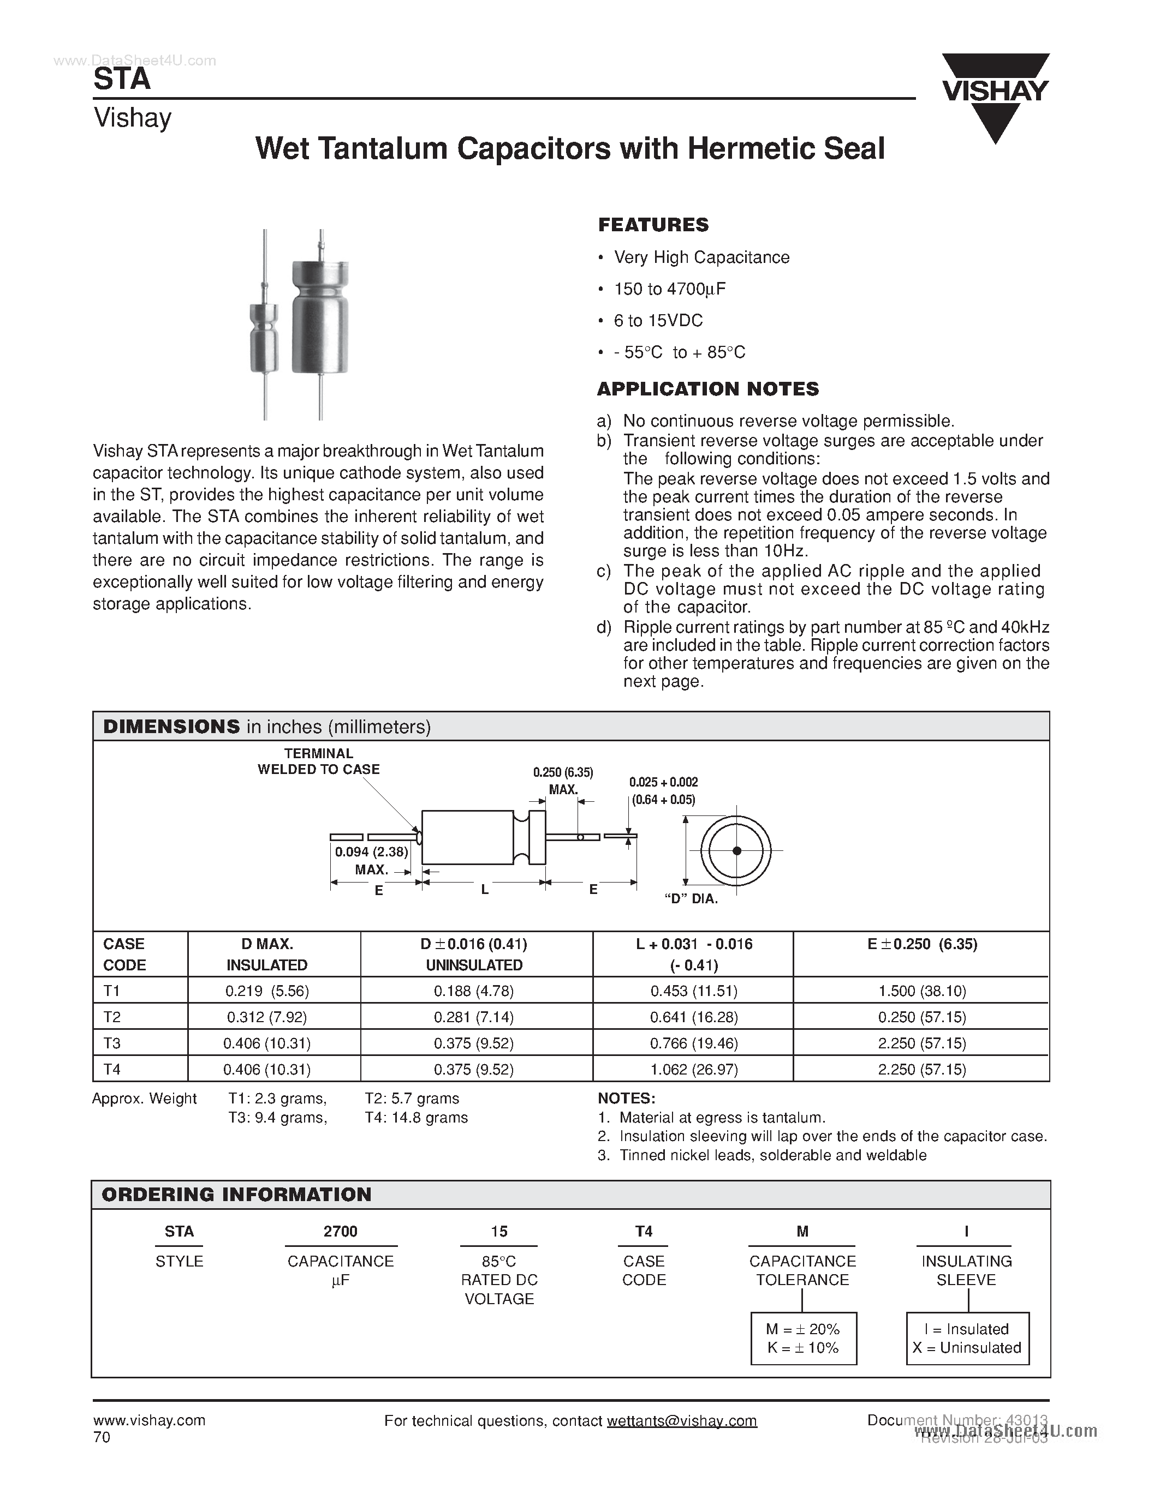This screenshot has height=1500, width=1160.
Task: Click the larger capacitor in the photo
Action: [319, 320]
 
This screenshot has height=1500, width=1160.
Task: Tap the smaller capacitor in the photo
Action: [265, 340]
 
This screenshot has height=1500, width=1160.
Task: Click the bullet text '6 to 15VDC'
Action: [658, 321]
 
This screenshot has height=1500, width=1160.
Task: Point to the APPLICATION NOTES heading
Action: [708, 389]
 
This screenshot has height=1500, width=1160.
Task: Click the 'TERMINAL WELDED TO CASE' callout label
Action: [318, 761]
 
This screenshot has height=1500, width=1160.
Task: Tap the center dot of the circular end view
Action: [737, 851]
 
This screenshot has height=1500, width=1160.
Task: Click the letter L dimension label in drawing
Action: [485, 890]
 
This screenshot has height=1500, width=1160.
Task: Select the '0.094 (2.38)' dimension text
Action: [371, 853]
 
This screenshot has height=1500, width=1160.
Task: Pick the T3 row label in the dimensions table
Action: [112, 1043]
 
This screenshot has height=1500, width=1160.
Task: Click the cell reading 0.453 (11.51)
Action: [693, 991]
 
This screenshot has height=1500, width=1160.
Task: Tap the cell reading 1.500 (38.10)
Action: [921, 991]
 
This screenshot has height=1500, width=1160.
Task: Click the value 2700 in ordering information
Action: [340, 1232]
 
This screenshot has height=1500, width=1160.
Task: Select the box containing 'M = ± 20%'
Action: [804, 1339]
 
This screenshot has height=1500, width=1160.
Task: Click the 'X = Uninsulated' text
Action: [967, 1348]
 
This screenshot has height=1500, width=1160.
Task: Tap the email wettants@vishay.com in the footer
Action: [681, 1421]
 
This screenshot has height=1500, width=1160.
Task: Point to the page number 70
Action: [101, 1437]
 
